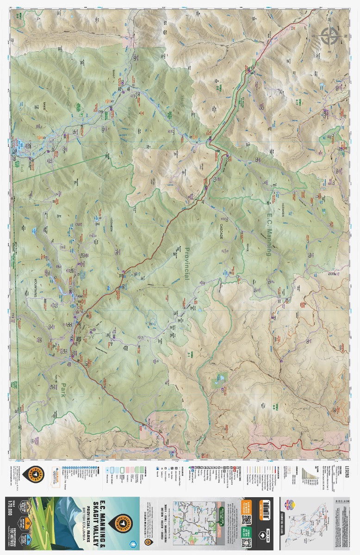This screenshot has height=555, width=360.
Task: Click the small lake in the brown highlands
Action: [x=217, y=382]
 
